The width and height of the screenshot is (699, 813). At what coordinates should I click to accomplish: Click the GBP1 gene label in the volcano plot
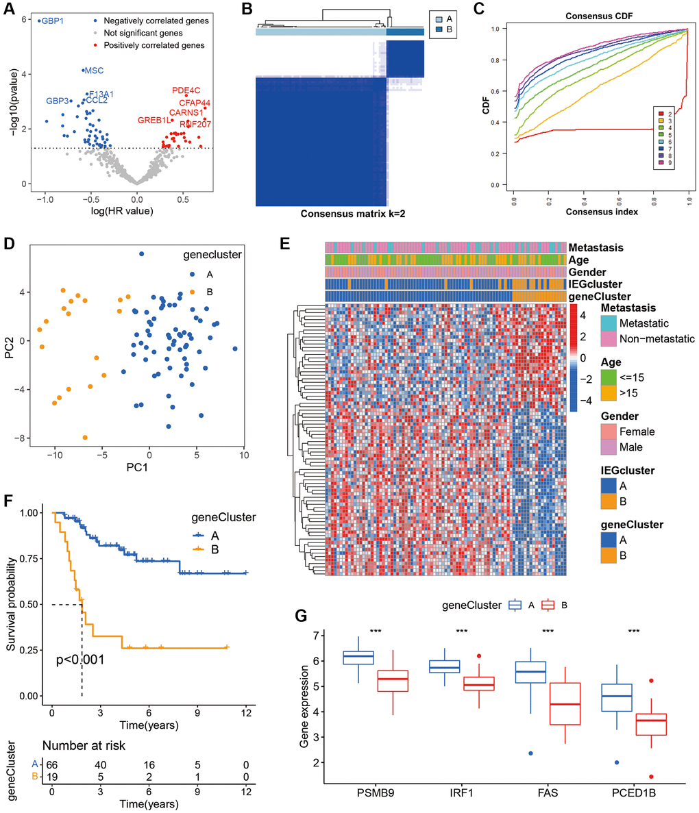point(51,21)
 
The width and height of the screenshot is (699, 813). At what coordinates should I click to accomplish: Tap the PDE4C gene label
point(186,90)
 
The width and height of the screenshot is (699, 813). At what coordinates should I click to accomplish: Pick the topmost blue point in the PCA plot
point(142,254)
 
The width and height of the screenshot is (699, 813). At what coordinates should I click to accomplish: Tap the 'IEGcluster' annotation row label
point(595,284)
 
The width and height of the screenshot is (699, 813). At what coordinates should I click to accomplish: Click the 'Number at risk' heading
point(84,745)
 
